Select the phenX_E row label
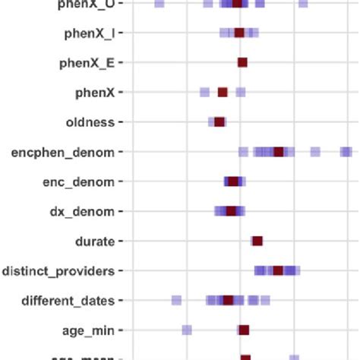point(87,63)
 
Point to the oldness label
point(90,122)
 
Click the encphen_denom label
point(63,153)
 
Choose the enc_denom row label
point(79,182)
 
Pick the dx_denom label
point(82,212)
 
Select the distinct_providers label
point(58,271)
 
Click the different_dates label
point(68,301)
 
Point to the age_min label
point(88,330)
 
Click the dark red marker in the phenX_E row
point(242,63)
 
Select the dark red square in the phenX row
point(223,93)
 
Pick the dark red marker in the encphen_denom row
point(279,152)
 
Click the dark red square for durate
point(257,242)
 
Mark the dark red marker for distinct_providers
point(278,271)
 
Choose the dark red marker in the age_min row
point(244,330)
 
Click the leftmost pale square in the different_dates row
point(177,301)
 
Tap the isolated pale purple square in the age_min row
point(187,330)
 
